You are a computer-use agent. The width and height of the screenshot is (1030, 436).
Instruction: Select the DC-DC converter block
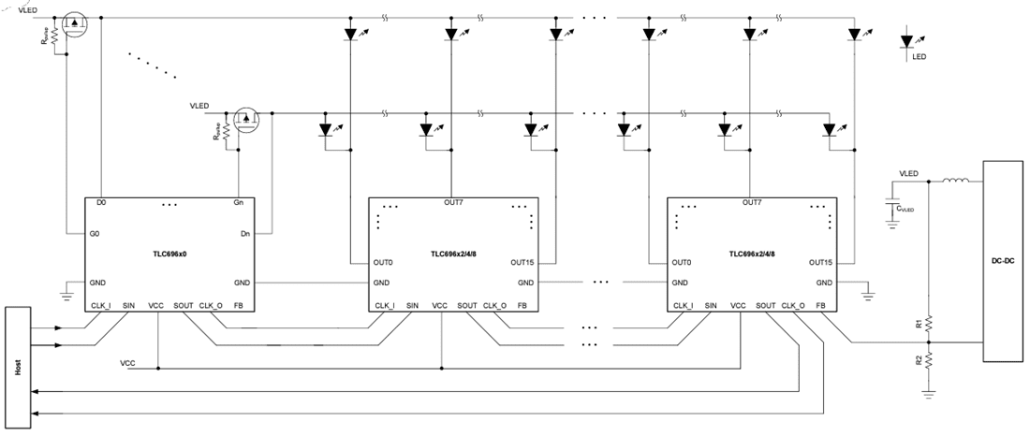tap(1004, 261)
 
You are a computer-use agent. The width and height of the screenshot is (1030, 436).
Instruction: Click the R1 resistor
tap(927, 323)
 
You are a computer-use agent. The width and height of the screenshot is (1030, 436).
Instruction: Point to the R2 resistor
tap(927, 359)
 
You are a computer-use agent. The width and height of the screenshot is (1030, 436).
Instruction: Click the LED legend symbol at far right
tap(906, 42)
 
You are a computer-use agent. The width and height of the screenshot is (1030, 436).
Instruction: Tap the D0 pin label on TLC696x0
tap(102, 203)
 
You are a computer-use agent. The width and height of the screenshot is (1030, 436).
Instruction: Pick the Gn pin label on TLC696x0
tap(238, 203)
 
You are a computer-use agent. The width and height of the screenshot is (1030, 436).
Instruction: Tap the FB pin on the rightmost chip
tap(820, 305)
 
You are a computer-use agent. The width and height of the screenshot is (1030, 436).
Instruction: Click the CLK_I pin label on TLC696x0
tap(102, 305)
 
